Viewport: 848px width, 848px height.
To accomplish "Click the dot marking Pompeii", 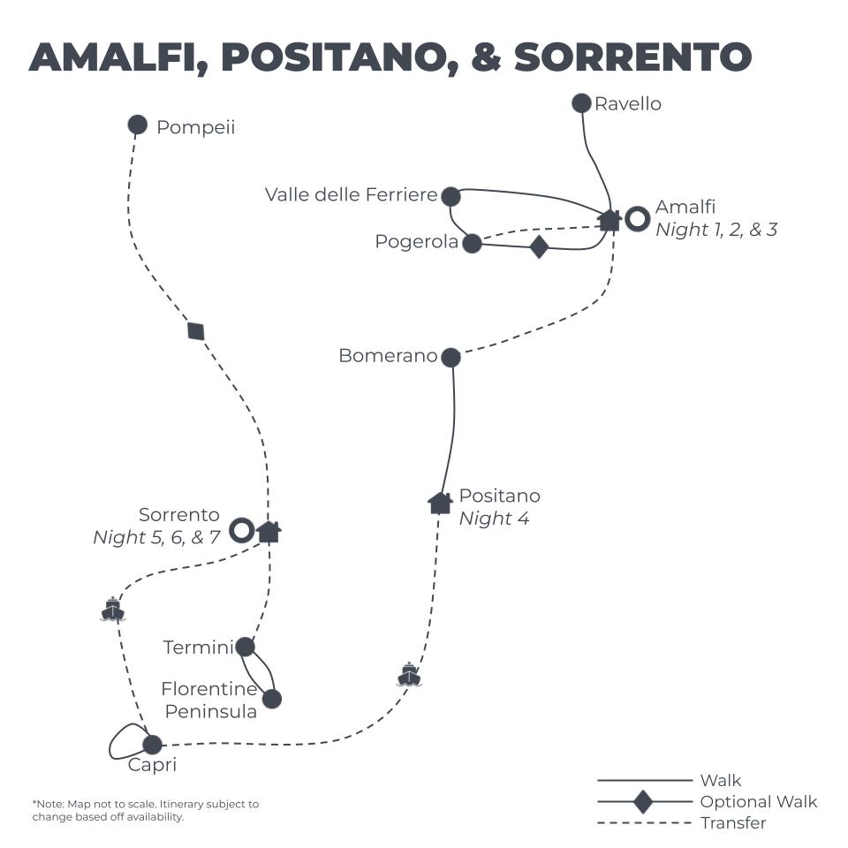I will pyautogui.click(x=137, y=125).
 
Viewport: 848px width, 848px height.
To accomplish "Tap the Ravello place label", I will pyautogui.click(x=627, y=104).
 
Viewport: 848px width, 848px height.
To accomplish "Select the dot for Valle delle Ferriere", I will pyautogui.click(x=450, y=196).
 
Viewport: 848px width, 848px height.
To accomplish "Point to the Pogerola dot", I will pyautogui.click(x=473, y=243).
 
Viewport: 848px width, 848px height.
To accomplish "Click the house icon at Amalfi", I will pyautogui.click(x=609, y=220).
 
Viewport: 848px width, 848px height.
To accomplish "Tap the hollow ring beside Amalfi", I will pyautogui.click(x=638, y=219).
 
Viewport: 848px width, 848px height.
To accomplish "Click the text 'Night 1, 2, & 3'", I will pyautogui.click(x=716, y=231).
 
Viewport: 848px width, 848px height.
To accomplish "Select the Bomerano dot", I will pyautogui.click(x=450, y=357).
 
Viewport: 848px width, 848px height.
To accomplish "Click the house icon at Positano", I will pyautogui.click(x=440, y=503).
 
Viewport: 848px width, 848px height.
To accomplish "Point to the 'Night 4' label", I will pyautogui.click(x=494, y=519).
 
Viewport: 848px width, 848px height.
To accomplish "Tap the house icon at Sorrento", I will pyautogui.click(x=269, y=531).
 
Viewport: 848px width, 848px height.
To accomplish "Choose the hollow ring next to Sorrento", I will pyautogui.click(x=241, y=530).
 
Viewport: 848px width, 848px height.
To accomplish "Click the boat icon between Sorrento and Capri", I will pyautogui.click(x=112, y=609).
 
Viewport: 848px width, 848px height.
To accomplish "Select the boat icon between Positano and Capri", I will pyautogui.click(x=408, y=675).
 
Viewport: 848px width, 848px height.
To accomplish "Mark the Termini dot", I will pyautogui.click(x=245, y=647).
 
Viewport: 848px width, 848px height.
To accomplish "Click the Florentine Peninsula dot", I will pyautogui.click(x=272, y=699).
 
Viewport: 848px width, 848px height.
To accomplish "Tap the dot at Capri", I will pyautogui.click(x=153, y=745).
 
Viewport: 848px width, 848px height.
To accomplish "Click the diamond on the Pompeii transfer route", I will pyautogui.click(x=196, y=331).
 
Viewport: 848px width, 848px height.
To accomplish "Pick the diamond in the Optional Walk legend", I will pyautogui.click(x=643, y=802).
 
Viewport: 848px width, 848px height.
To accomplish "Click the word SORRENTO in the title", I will pyautogui.click(x=632, y=57).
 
